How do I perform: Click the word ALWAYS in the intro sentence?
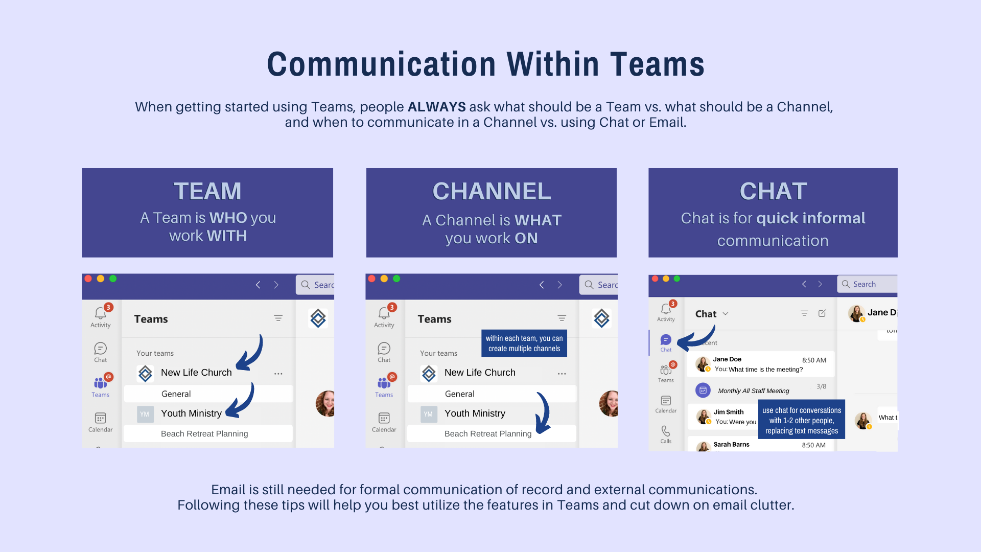[x=436, y=107]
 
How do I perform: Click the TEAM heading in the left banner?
[x=207, y=191]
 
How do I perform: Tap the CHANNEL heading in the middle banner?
[x=492, y=191]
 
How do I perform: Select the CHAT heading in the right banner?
[x=773, y=191]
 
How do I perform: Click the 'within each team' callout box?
[x=524, y=343]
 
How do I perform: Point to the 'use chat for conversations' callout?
[x=801, y=420]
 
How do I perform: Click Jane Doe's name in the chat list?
[x=727, y=359]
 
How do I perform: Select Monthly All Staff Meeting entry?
[x=753, y=391]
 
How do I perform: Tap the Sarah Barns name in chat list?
[x=731, y=445]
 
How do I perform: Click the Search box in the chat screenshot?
[x=867, y=284]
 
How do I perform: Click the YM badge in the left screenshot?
[x=145, y=414]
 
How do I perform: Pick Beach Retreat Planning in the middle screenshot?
[x=487, y=434]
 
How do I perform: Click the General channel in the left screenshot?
[x=176, y=394]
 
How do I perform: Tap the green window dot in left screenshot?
[x=113, y=279]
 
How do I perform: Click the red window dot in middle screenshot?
[x=372, y=279]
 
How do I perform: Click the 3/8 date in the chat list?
[x=821, y=386]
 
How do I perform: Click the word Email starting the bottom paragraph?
[x=228, y=490]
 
